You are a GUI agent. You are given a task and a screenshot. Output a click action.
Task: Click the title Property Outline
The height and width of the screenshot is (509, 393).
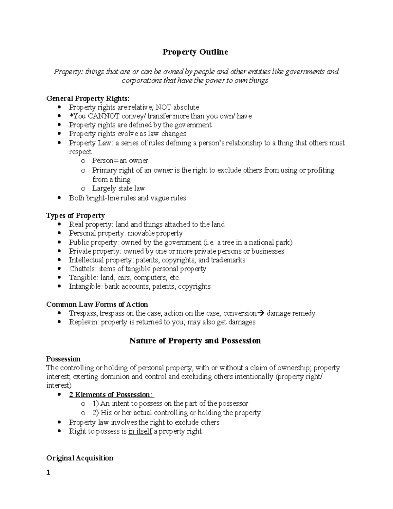pos(195,52)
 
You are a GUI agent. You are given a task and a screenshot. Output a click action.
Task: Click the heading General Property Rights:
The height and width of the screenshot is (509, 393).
pos(88,98)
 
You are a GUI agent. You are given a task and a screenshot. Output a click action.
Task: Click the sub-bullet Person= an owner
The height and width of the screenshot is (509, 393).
pos(120,161)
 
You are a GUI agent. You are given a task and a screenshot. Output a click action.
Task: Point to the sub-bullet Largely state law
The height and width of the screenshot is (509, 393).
pos(118,188)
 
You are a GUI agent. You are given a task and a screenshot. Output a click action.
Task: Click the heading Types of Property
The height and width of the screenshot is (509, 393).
pos(75,216)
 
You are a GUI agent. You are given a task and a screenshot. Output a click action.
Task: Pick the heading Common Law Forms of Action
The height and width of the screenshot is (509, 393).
pos(97,304)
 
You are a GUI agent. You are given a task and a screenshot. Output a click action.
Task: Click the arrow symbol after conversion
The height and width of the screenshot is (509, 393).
pos(261,313)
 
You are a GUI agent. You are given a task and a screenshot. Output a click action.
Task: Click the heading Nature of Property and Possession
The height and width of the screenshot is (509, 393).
pos(195,341)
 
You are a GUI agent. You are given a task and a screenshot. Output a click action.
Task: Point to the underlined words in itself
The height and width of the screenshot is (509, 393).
pos(140,431)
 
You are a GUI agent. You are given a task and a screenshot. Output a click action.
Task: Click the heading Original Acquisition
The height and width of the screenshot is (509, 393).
pos(80,458)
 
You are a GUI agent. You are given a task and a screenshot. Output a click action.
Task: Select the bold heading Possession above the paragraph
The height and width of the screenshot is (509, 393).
pos(63,359)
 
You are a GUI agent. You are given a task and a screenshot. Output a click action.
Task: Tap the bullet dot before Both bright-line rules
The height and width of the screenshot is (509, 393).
pos(59,198)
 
